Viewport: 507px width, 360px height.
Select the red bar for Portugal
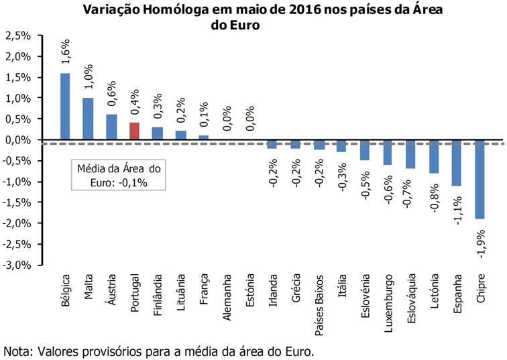coord(134,131)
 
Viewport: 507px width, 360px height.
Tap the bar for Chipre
coord(480,179)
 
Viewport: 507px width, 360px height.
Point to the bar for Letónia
coord(434,156)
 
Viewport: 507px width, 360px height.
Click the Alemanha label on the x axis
coord(227,296)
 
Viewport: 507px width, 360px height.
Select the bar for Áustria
coord(111,127)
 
